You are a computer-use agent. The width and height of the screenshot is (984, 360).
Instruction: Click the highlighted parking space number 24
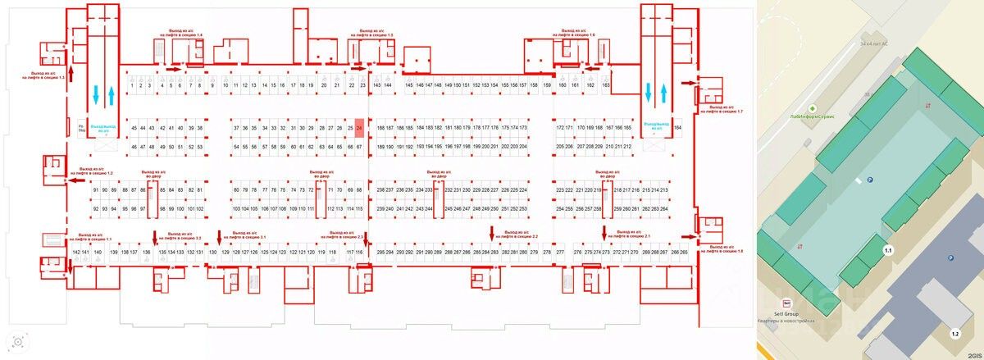coord(359,129)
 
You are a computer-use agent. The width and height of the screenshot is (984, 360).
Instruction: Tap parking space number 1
coord(132,85)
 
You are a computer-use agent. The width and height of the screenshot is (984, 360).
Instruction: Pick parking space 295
coord(380,253)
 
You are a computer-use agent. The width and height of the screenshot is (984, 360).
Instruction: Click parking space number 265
coord(684,253)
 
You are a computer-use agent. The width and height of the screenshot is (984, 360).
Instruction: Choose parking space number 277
coord(561,253)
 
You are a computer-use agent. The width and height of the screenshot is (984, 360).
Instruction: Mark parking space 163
coord(606,85)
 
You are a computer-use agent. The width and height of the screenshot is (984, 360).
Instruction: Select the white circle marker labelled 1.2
coord(954,334)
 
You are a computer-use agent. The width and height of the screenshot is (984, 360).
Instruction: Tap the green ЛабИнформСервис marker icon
coord(813,108)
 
